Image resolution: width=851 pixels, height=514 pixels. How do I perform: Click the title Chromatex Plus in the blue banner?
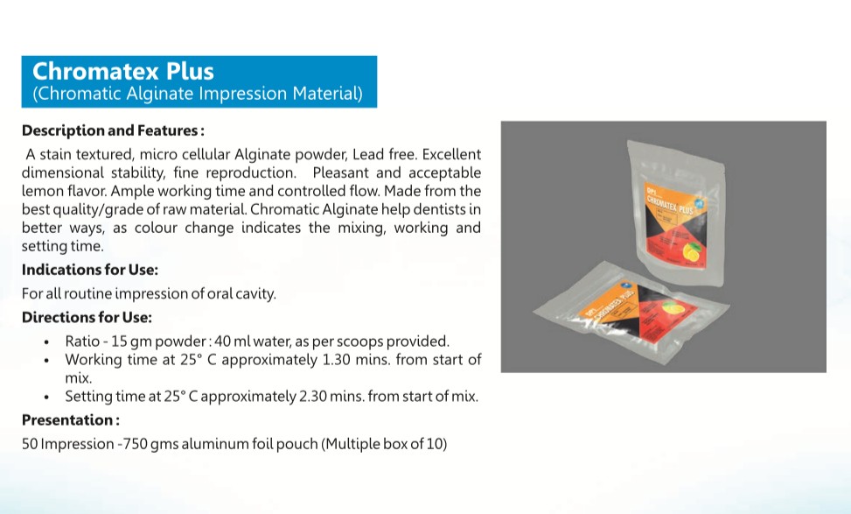(123, 71)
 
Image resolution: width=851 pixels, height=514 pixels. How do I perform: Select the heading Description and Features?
(113, 130)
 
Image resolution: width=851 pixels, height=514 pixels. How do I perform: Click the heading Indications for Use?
(89, 270)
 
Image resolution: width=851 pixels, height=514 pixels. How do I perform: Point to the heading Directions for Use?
(87, 317)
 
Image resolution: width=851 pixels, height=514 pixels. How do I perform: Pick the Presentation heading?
(71, 420)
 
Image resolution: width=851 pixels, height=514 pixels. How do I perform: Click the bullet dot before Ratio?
(46, 342)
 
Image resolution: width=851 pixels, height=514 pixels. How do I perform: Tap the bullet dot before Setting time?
(46, 398)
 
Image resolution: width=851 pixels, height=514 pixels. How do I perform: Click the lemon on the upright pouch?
(692, 251)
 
